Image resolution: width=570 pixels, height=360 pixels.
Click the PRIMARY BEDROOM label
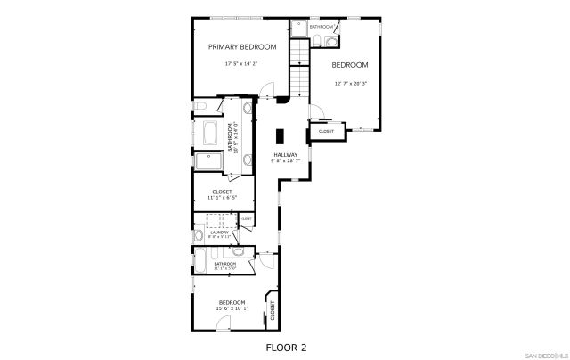coord(242,46)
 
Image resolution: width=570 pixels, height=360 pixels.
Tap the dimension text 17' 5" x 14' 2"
coord(242,64)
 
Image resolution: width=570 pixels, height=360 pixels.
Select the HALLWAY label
coord(285,155)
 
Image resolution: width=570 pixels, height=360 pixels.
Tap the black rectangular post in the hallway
coord(280,136)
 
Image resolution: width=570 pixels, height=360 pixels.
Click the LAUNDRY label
coord(219,232)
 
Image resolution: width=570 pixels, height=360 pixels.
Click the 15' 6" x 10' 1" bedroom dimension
coord(232,309)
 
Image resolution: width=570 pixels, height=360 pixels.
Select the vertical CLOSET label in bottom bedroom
coord(273,310)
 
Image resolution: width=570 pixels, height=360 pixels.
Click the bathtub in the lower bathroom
coord(201,263)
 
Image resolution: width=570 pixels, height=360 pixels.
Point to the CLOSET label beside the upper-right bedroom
coord(326,132)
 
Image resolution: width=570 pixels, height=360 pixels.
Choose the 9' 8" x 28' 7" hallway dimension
coord(285,161)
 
